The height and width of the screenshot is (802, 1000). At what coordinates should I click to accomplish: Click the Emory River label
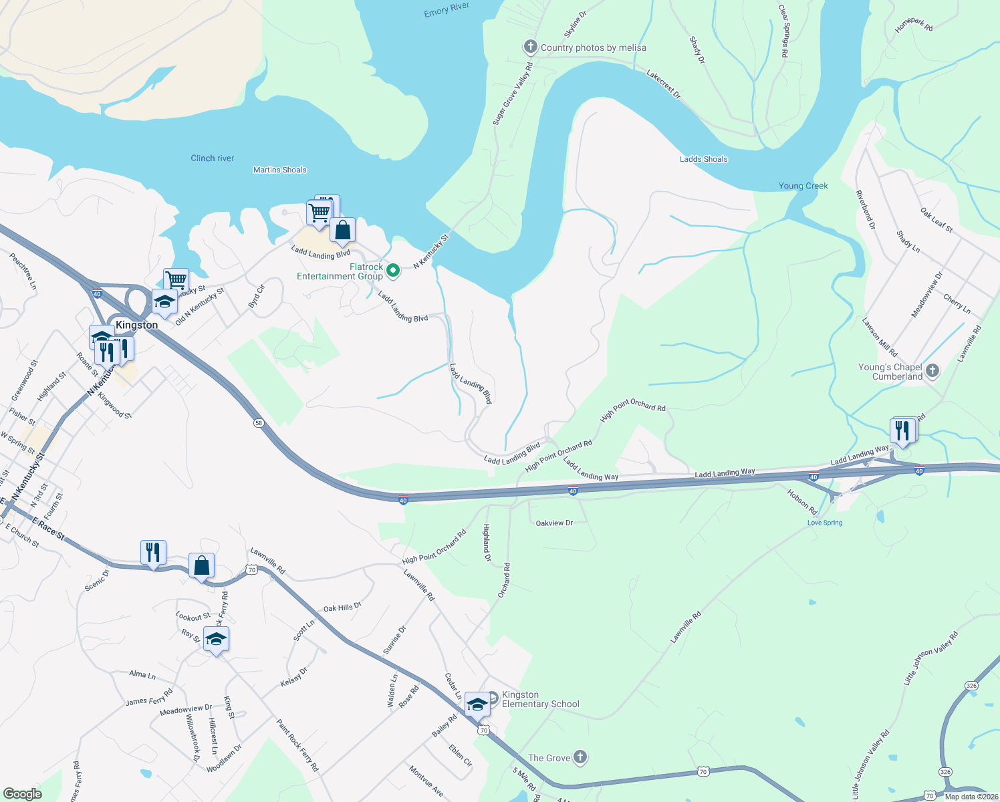point(447,9)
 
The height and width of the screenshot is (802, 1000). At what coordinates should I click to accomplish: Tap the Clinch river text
point(212,158)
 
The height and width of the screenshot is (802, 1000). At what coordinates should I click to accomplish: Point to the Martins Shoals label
point(279,170)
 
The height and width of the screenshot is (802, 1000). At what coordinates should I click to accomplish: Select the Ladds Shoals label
point(703,159)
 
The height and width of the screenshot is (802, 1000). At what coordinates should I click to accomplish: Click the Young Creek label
point(803,186)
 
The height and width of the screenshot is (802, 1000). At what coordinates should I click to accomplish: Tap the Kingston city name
point(136,325)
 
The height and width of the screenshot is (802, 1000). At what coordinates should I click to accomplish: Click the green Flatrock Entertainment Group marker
point(394,271)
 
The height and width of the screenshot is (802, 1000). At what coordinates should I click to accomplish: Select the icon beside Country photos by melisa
point(530,47)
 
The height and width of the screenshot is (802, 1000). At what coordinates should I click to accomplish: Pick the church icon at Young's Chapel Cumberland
point(933,371)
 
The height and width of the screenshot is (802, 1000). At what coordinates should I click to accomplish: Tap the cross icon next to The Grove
point(580,757)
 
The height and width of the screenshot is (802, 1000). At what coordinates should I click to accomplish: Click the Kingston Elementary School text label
point(540,699)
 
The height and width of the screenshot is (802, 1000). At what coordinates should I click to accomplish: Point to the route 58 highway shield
point(258,423)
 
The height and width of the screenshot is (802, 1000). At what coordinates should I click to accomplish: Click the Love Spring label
point(824,523)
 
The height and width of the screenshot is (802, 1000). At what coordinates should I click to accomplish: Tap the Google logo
point(22,793)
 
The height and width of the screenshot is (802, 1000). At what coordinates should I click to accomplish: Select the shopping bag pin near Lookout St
point(201,566)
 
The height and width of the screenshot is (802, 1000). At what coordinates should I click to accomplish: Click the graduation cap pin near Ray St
point(216,640)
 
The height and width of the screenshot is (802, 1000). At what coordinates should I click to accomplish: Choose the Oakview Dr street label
point(554,523)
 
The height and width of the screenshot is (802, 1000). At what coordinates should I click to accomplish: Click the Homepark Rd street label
point(913,25)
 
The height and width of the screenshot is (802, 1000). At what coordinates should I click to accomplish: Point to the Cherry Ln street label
point(957,304)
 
